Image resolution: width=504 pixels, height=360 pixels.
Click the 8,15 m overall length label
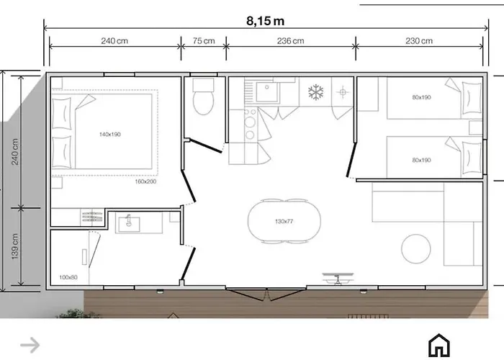(x=265, y=21)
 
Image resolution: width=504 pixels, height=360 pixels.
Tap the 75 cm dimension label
(x=204, y=41)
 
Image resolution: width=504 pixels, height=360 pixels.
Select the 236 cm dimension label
(x=291, y=41)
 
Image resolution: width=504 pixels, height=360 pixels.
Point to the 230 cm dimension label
(x=419, y=41)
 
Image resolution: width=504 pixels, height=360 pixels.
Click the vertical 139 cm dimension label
(x=15, y=246)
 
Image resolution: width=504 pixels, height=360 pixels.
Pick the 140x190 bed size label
(x=110, y=135)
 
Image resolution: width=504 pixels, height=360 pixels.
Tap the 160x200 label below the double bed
(x=145, y=181)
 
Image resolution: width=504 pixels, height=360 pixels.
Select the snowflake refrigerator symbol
(x=315, y=92)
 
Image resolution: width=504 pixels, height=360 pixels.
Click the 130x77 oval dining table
(x=284, y=221)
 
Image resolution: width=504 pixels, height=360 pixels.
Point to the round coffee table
(x=416, y=249)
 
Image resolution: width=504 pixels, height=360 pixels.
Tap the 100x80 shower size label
(x=68, y=277)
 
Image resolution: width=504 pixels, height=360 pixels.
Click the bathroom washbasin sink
(x=129, y=224)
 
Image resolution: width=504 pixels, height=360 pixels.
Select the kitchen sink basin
(x=266, y=92)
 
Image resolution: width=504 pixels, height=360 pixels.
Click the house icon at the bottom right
(x=439, y=345)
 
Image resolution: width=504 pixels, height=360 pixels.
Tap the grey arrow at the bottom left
(x=30, y=345)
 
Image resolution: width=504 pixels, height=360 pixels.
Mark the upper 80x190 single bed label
(x=421, y=97)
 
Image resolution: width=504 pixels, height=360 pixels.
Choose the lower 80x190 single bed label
(x=421, y=160)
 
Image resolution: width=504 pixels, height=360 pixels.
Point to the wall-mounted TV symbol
(x=338, y=279)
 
